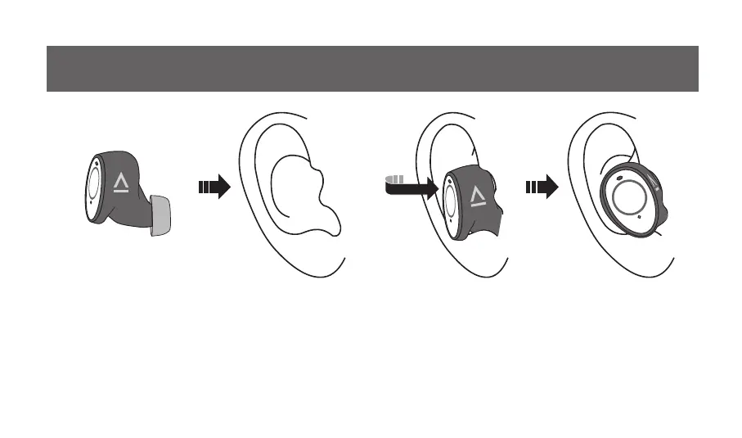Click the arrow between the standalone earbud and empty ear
pyautogui.click(x=214, y=187)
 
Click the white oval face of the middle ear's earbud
pyautogui.click(x=451, y=201)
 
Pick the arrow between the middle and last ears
pyautogui.click(x=541, y=187)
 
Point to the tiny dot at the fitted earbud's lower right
pyautogui.click(x=639, y=218)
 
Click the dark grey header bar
pyautogui.click(x=372, y=69)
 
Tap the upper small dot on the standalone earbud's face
pyautogui.click(x=92, y=163)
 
